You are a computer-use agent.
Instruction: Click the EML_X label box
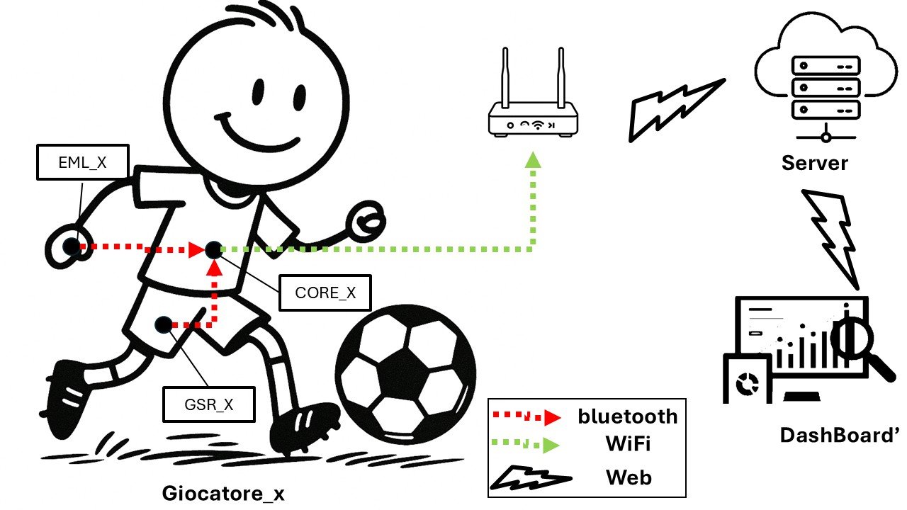82,163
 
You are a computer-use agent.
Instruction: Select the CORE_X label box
325,293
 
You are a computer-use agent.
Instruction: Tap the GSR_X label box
209,404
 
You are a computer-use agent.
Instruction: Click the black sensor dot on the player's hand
71,246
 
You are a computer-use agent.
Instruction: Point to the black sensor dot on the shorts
163,325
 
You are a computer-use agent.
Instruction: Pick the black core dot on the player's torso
214,249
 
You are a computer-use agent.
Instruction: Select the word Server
815,164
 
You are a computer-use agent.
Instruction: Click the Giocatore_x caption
223,493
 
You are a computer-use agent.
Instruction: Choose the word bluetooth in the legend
627,416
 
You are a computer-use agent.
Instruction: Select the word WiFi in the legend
628,445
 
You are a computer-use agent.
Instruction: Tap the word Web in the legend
629,477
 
